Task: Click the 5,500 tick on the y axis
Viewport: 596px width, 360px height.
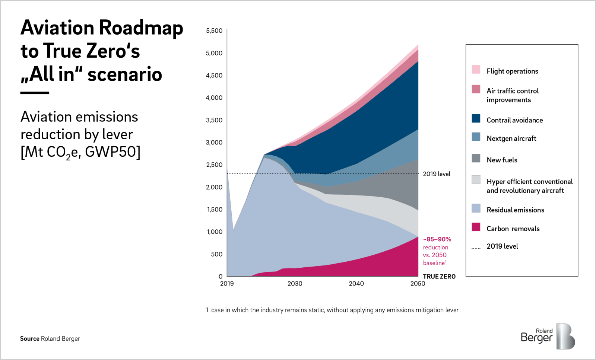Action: click(214, 31)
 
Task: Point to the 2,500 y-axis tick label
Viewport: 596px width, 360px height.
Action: click(214, 165)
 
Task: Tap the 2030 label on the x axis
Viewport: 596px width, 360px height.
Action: click(295, 284)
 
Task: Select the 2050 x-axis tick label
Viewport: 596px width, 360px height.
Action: click(418, 284)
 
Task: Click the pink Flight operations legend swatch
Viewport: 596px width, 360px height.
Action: click(476, 70)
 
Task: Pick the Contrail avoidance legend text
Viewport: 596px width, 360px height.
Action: click(514, 120)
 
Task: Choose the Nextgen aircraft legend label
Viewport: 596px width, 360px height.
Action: click(511, 138)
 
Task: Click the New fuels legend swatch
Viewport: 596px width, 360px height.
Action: click(476, 158)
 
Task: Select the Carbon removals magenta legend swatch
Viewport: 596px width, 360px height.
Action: click(476, 227)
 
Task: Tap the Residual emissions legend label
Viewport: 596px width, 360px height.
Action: click(515, 210)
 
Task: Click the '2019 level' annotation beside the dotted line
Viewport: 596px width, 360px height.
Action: click(436, 174)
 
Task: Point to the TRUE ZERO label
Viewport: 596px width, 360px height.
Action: click(439, 277)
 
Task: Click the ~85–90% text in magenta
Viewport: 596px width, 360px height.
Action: click(437, 239)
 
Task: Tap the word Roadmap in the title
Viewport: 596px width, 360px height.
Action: click(141, 28)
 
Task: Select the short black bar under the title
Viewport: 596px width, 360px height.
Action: click(35, 93)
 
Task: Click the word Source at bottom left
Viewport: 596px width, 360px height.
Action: click(29, 339)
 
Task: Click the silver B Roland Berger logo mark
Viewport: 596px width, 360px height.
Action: click(565, 336)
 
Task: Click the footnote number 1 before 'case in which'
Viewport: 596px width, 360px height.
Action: click(207, 310)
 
